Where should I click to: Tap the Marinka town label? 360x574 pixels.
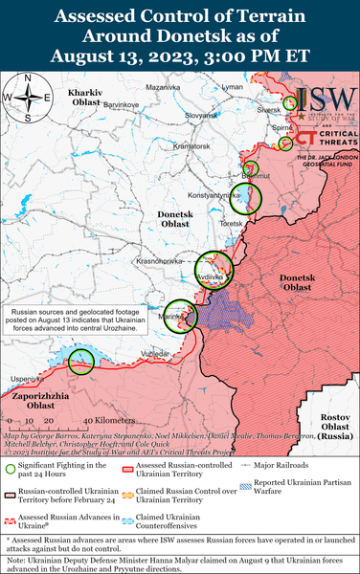coord(172,316)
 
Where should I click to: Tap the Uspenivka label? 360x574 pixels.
coord(27,379)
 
